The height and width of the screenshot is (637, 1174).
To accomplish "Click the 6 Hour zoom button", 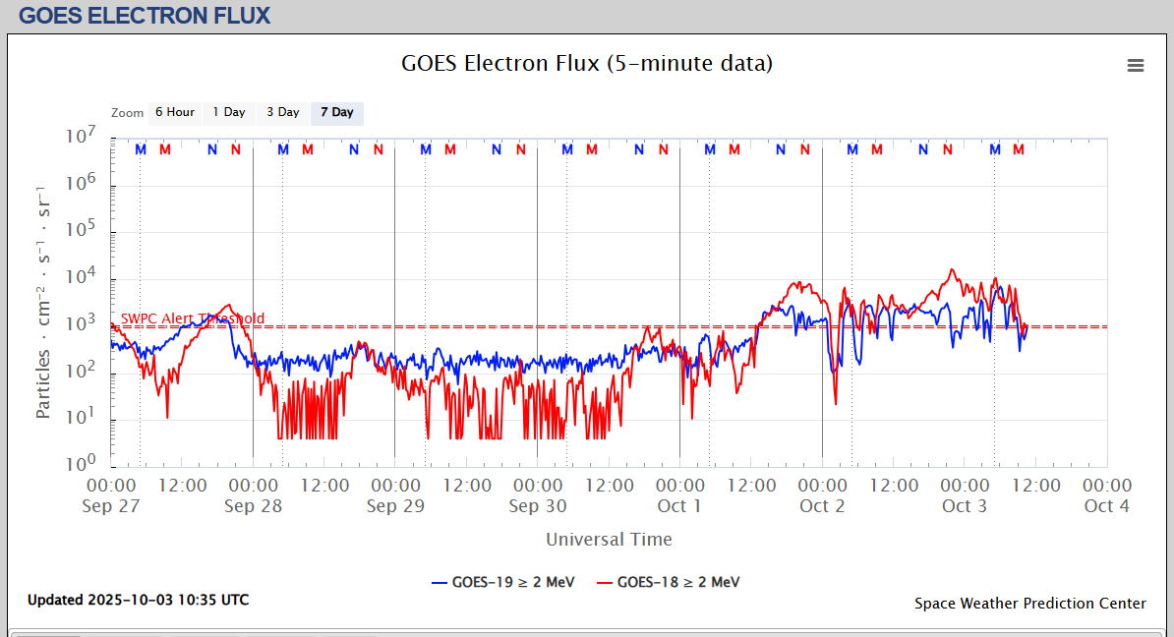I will (174, 112).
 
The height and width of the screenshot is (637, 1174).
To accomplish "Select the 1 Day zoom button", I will (229, 112).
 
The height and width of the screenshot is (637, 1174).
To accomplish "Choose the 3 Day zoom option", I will (283, 112).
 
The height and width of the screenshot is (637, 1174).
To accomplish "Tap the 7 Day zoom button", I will (336, 112).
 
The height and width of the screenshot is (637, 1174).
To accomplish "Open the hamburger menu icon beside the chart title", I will (1136, 66).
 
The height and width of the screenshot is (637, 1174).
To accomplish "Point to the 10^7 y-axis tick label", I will (82, 137).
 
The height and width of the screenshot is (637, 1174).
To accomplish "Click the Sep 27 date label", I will (111, 506).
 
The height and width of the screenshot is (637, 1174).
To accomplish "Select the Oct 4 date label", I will (1106, 506).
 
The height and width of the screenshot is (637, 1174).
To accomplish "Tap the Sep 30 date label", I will (538, 506).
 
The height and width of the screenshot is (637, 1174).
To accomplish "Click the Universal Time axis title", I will (609, 539).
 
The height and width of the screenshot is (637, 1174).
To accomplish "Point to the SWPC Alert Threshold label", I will (192, 318).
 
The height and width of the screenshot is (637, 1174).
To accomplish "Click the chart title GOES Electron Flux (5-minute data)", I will (587, 64).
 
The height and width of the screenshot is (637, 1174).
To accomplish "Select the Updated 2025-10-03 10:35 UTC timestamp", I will (138, 600).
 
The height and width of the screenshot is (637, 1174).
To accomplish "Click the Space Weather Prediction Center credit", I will (1029, 604).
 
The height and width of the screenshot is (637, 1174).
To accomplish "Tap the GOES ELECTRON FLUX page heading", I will (145, 16).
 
